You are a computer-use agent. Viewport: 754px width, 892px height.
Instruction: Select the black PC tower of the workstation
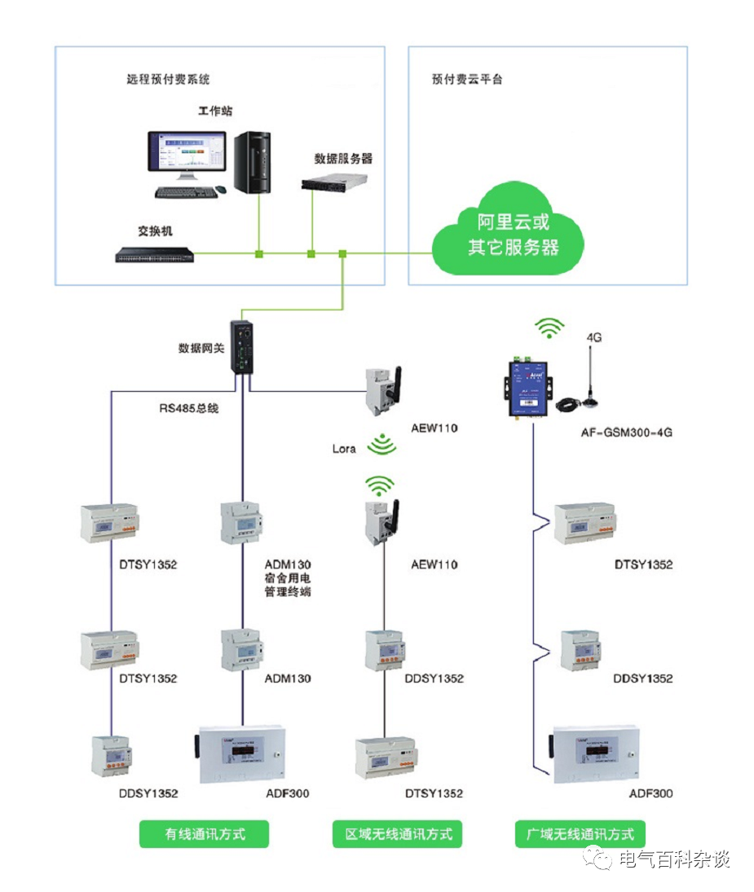(x=252, y=163)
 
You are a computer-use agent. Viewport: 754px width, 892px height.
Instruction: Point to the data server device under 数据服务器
(x=334, y=182)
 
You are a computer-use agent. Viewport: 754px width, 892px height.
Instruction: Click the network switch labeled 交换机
(x=155, y=255)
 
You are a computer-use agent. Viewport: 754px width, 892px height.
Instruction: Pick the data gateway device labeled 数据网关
(x=241, y=347)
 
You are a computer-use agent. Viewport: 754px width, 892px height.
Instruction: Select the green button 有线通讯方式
(x=205, y=834)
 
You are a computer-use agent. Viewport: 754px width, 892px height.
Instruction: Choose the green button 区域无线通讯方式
(x=397, y=834)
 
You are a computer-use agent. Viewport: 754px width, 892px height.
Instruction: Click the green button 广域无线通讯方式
(x=580, y=834)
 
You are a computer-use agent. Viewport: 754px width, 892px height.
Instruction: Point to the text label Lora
(x=344, y=449)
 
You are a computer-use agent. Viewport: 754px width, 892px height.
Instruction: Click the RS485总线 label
(x=189, y=408)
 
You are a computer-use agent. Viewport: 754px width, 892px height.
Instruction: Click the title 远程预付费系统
(x=168, y=79)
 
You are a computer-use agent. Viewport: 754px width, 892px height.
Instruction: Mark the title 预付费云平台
(x=467, y=79)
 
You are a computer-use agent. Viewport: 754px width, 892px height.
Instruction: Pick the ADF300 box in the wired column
(x=240, y=754)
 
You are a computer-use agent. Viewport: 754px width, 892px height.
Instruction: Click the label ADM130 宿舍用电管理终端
(x=288, y=578)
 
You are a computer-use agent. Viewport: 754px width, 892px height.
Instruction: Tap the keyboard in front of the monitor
(x=187, y=193)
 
